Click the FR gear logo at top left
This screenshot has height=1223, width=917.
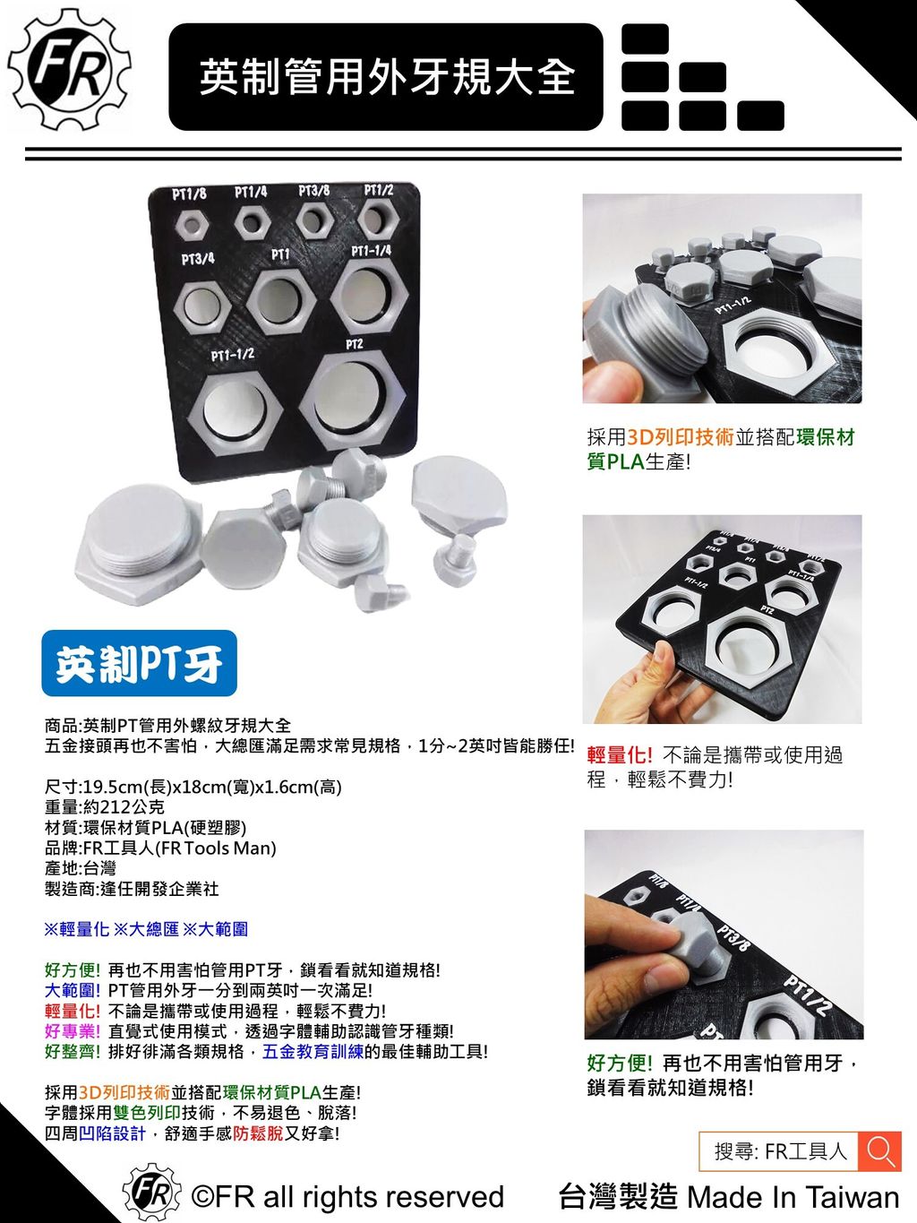[x=70, y=70]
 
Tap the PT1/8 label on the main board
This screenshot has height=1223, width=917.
[x=189, y=194]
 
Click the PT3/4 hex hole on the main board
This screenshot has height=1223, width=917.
[x=202, y=307]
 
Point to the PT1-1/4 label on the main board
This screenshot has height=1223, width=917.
[x=372, y=251]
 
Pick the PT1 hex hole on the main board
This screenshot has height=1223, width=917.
[x=280, y=301]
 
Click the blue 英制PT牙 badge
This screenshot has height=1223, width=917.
[x=139, y=663]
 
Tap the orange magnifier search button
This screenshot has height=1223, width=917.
[x=879, y=1151]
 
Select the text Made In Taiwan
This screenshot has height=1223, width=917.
[x=793, y=1196]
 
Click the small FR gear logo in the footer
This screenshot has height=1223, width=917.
[x=152, y=1193]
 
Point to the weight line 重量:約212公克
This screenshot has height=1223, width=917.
[x=105, y=806]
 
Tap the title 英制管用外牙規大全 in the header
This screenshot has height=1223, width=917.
[x=387, y=77]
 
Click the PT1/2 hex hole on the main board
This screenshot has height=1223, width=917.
[x=378, y=219]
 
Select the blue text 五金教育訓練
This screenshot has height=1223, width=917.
[x=313, y=1051]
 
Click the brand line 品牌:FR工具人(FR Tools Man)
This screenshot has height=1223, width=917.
[x=160, y=848]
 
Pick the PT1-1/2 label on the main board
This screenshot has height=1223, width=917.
[x=233, y=355]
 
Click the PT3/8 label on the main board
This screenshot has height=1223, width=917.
[x=314, y=191]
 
